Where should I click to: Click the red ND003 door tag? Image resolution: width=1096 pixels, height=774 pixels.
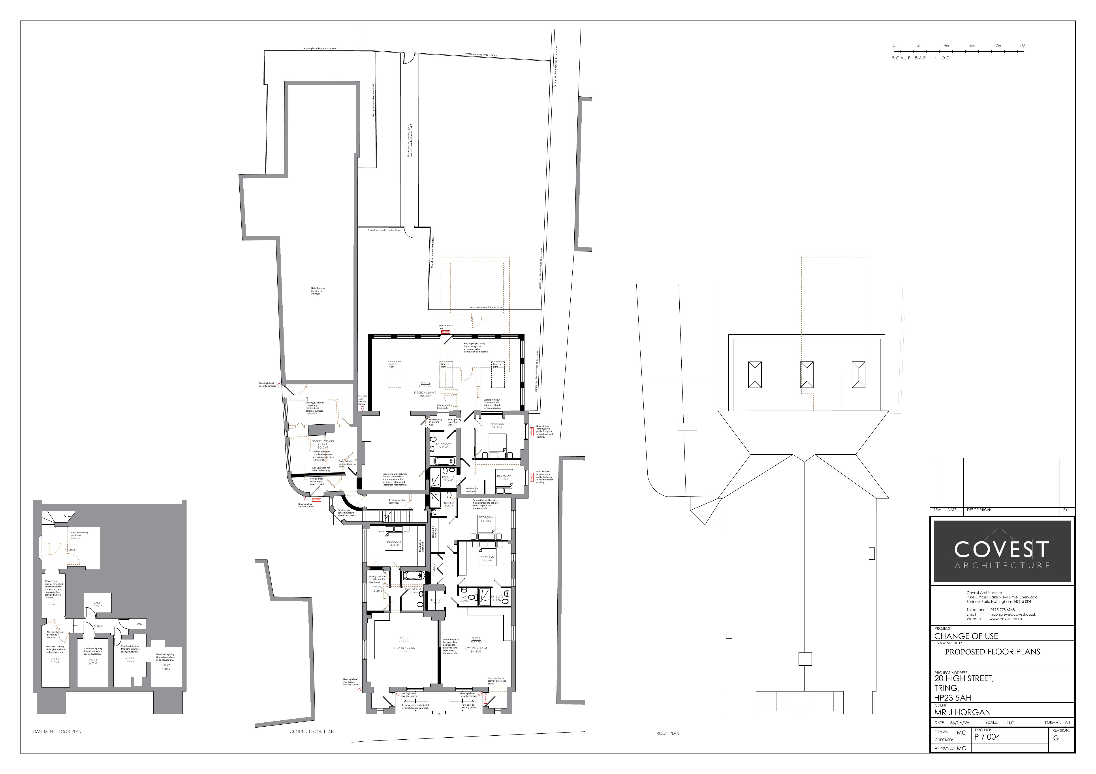pos(445,332)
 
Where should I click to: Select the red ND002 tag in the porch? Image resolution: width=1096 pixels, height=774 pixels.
pos(486,700)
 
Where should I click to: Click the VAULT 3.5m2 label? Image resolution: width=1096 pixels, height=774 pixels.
pos(97,605)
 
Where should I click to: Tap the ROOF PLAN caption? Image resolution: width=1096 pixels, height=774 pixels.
pos(667,733)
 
